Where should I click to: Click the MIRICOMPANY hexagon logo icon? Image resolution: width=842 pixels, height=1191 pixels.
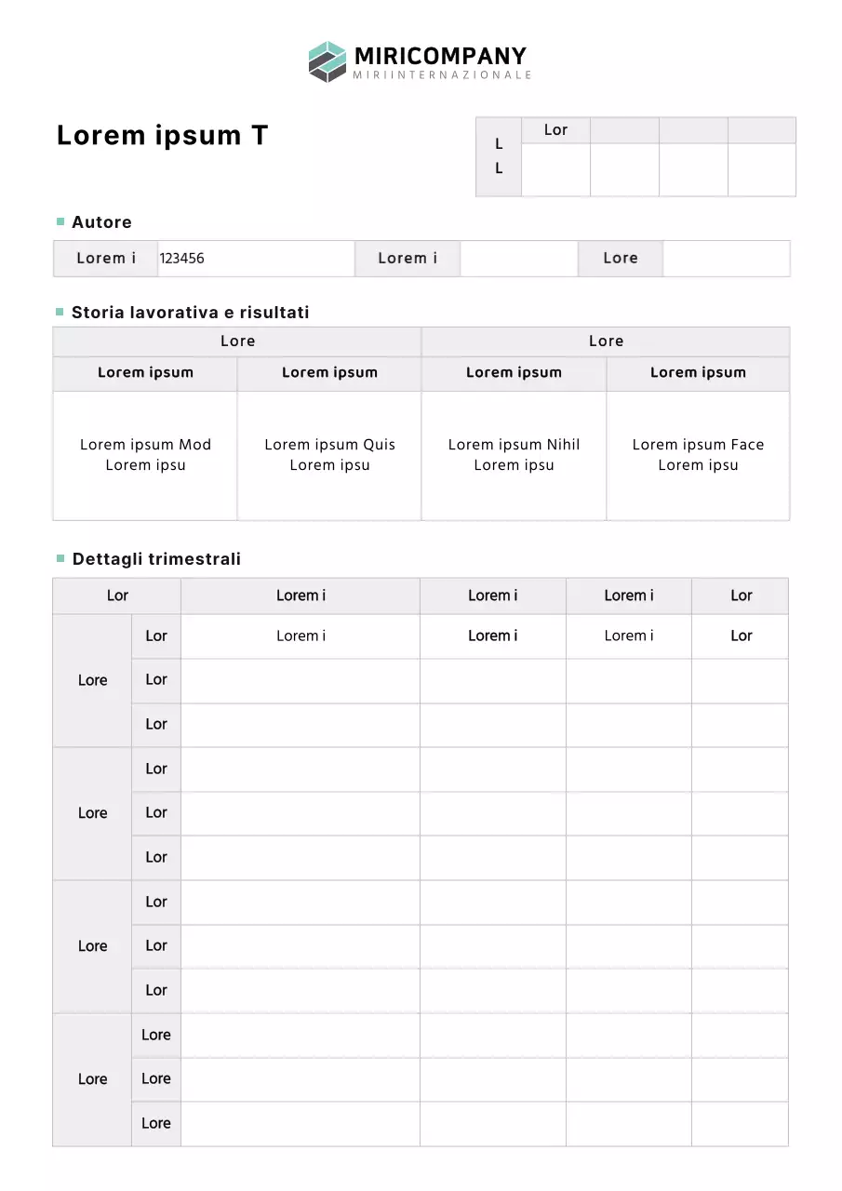(x=327, y=61)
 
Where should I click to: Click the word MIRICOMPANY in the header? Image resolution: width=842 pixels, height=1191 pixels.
(x=440, y=56)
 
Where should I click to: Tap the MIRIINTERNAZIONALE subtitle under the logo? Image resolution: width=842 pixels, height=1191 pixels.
(x=442, y=74)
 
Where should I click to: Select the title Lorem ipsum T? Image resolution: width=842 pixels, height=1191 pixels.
(x=162, y=135)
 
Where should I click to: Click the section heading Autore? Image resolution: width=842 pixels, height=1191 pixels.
(x=101, y=222)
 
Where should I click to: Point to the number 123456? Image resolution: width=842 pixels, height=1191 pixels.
(x=181, y=259)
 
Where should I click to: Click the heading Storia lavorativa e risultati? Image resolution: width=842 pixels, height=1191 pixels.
(x=190, y=313)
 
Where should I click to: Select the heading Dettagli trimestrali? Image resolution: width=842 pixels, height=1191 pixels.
(x=156, y=559)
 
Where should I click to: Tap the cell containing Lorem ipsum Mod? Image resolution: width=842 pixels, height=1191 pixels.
(x=145, y=455)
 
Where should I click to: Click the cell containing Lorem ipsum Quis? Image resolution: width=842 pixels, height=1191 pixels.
(x=329, y=455)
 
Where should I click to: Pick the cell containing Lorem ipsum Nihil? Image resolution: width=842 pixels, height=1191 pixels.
(x=514, y=455)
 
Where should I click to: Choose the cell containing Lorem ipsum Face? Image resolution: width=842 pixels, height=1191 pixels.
(x=698, y=455)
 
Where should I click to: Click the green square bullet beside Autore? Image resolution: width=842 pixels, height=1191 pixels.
(x=60, y=221)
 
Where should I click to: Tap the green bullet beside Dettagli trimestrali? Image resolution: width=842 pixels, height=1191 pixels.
(x=60, y=558)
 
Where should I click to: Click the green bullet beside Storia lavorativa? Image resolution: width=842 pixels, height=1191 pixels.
(x=60, y=312)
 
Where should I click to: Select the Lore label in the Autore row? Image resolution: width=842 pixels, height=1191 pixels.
(x=621, y=259)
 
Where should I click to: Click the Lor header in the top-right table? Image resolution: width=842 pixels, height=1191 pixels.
(x=555, y=130)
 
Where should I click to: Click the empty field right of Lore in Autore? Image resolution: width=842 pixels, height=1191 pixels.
(x=726, y=259)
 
